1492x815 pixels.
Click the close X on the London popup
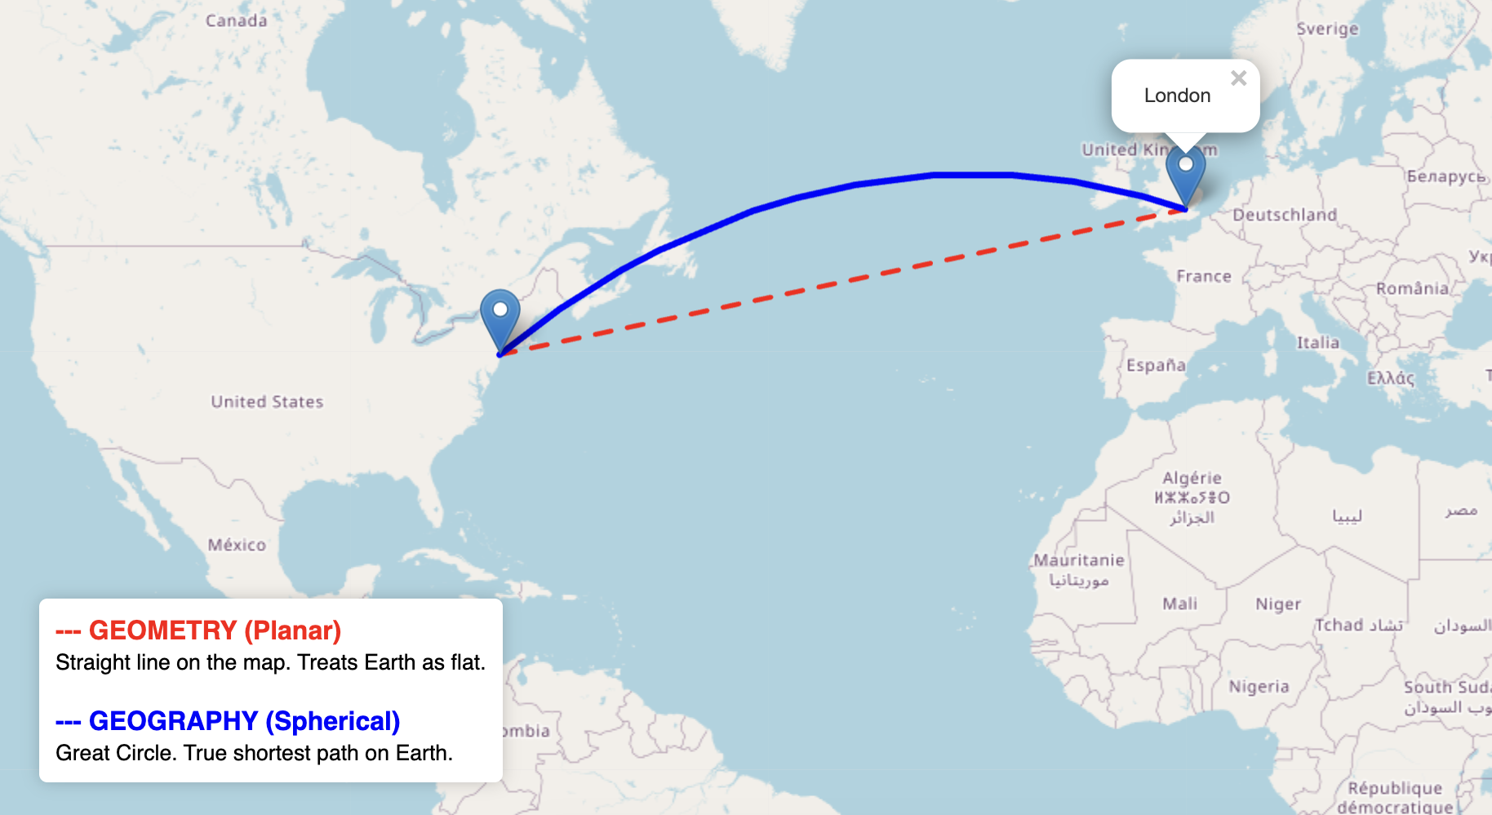coord(1238,78)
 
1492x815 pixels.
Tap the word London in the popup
coord(1177,96)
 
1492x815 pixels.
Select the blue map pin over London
coord(1185,170)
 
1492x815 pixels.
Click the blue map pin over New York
coord(500,314)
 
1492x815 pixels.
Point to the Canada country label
coord(236,20)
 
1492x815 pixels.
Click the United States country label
coord(267,402)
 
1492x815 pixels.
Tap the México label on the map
coord(237,545)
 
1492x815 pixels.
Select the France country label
coord(1204,276)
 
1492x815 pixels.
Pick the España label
coord(1156,365)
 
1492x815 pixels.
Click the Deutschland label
coord(1285,215)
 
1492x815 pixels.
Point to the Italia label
coord(1318,343)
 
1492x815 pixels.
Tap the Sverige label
coord(1328,29)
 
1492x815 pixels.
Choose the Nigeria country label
coord(1259,687)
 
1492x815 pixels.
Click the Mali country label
coord(1179,603)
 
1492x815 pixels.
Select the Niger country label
coord(1278,604)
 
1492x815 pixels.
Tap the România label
coord(1413,288)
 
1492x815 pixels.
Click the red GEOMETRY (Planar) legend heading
coord(215,630)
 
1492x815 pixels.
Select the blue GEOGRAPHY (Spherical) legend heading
coord(244,721)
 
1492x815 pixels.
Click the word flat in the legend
coord(466,662)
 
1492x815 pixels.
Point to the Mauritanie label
coord(1078,560)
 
